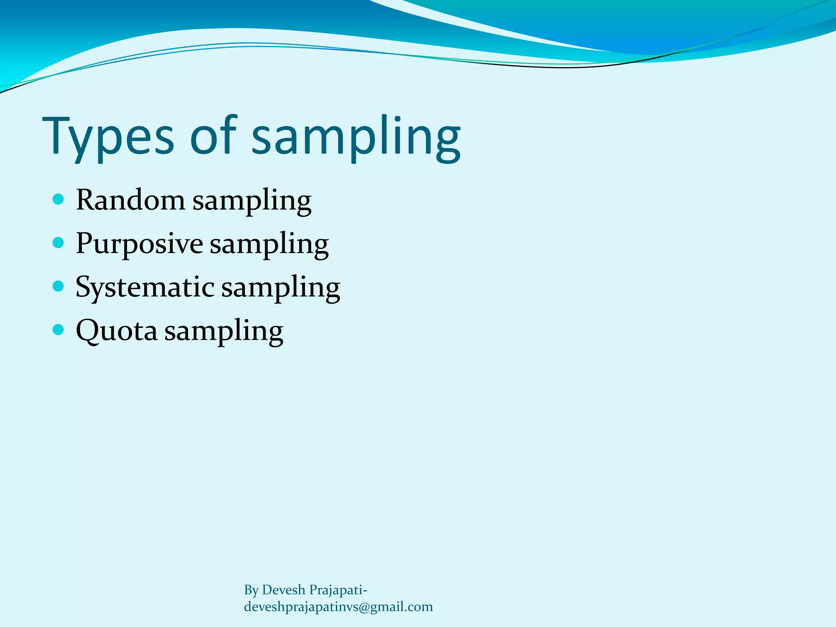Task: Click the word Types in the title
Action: pos(108,137)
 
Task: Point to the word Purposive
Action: pos(139,244)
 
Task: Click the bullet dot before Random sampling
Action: pos(59,199)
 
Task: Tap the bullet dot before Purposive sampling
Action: pos(59,243)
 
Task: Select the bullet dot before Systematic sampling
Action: pos(59,286)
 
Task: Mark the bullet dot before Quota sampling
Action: pos(59,329)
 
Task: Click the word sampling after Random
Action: pos(252,202)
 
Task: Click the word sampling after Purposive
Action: pos(269,245)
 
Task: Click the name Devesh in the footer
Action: pos(283,590)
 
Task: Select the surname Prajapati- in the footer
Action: pos(338,590)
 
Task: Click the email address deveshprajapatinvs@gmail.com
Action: pos(338,607)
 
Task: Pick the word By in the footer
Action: pos(251,590)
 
